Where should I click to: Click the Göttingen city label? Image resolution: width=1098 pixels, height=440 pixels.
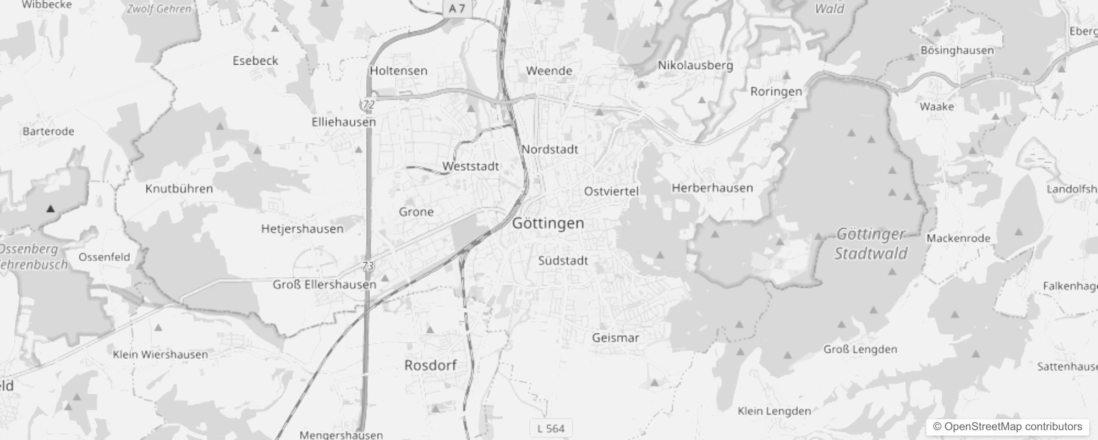[x=548, y=223]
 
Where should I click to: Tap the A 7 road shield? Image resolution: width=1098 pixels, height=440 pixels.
[x=457, y=8]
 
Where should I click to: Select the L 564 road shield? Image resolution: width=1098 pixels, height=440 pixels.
[x=551, y=428]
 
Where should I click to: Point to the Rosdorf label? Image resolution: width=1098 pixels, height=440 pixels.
[x=430, y=365]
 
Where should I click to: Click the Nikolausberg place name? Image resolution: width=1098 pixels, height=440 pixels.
[x=695, y=65]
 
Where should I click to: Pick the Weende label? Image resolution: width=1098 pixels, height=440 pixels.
[x=549, y=71]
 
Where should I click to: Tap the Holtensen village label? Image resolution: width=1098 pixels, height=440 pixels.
[x=398, y=71]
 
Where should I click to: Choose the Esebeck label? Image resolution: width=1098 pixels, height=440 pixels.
[x=255, y=61]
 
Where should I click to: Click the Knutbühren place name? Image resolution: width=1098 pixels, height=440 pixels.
[x=179, y=189]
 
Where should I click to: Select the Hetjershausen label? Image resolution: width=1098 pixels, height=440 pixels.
[x=302, y=229]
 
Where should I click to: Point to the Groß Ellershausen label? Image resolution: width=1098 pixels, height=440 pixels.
[x=325, y=284]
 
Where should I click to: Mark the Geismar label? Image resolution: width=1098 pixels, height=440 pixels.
[x=616, y=338]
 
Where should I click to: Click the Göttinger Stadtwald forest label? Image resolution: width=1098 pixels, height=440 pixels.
[x=871, y=244]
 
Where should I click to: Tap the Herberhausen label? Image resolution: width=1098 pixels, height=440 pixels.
[x=712, y=188]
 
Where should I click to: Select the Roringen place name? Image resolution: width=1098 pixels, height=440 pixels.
[x=776, y=91]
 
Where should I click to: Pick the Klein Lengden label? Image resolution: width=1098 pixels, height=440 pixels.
[x=774, y=411]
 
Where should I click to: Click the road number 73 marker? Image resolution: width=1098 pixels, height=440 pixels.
[x=368, y=266]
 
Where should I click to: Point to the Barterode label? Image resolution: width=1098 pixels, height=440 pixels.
[x=48, y=131]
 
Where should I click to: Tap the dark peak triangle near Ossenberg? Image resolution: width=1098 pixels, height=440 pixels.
[x=51, y=208]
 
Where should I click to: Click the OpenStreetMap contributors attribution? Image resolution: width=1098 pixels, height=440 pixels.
[x=1007, y=426]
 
